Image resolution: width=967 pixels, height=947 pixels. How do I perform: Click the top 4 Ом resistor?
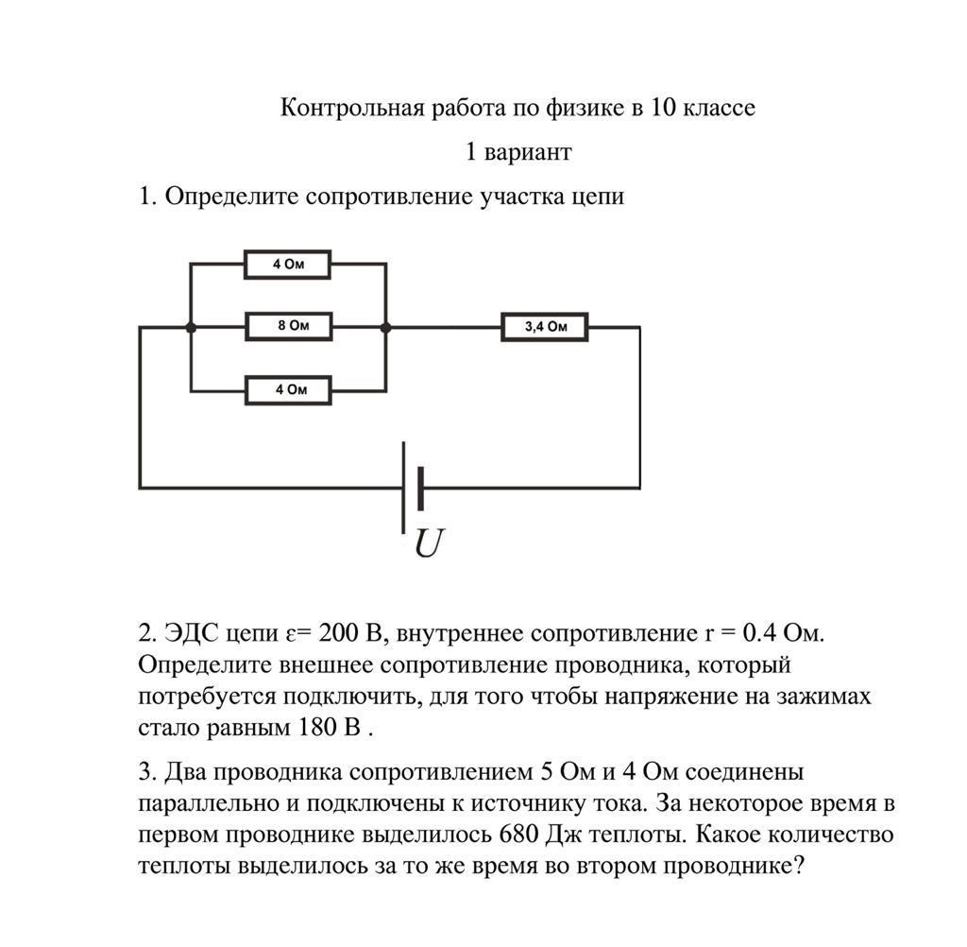[287, 265]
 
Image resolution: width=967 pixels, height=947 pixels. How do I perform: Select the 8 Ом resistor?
[289, 327]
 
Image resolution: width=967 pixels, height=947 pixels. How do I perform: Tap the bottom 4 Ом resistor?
[288, 389]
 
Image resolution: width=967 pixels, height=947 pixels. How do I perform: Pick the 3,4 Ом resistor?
[545, 327]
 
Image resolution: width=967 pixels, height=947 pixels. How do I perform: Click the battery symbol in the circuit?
[412, 488]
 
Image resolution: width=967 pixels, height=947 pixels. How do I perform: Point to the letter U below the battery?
[429, 543]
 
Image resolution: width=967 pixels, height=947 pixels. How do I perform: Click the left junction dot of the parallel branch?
[191, 327]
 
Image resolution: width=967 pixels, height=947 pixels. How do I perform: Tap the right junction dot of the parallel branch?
[385, 327]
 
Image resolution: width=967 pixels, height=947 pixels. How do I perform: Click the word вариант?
[529, 151]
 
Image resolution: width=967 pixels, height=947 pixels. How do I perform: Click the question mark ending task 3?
[797, 866]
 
